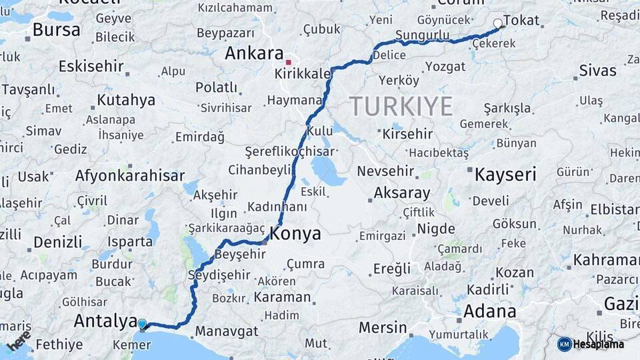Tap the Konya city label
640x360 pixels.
click(x=295, y=234)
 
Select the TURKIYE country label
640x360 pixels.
click(x=401, y=106)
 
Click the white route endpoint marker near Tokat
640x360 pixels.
click(x=497, y=24)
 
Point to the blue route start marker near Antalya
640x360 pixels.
click(x=142, y=325)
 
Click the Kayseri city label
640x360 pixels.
click(x=505, y=175)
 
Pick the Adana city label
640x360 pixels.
click(x=489, y=311)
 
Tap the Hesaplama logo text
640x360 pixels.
click(x=599, y=344)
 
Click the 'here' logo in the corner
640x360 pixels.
click(x=19, y=341)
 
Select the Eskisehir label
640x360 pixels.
click(x=91, y=66)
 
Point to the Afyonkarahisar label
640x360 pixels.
click(x=130, y=176)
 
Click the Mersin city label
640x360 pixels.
click(x=383, y=327)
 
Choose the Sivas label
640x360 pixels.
click(x=597, y=70)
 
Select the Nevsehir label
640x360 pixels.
click(x=390, y=171)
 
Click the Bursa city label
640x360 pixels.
click(x=56, y=29)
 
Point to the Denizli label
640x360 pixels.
click(x=58, y=241)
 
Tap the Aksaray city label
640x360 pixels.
click(x=402, y=193)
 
